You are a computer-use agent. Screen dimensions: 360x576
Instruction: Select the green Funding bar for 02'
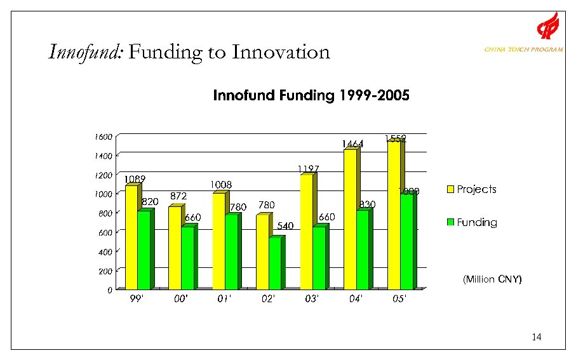(x=274, y=263)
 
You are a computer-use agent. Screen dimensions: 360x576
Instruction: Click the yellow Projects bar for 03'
(x=305, y=231)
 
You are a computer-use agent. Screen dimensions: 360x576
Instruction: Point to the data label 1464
(x=352, y=144)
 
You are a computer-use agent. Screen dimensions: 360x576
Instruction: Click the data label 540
(x=285, y=225)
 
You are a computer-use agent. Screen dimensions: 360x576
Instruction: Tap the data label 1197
(x=308, y=169)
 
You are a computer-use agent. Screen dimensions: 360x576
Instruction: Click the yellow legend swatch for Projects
(x=451, y=189)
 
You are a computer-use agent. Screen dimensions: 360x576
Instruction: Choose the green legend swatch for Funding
(x=451, y=222)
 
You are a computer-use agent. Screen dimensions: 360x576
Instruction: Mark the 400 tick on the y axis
(x=105, y=252)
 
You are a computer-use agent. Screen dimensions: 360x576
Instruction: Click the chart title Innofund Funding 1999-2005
(x=311, y=96)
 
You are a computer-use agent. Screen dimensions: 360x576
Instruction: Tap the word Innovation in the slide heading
(x=281, y=51)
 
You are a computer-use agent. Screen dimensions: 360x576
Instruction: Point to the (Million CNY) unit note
(x=492, y=279)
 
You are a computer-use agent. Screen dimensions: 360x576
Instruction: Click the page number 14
(x=537, y=337)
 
